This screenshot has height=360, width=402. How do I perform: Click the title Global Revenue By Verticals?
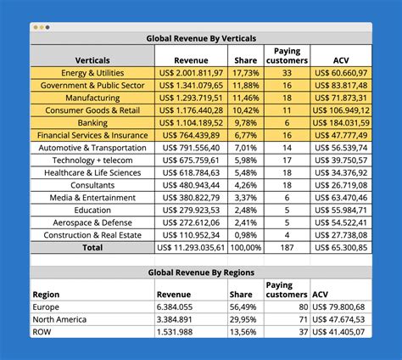coord(201,38)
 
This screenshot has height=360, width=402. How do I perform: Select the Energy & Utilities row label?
coord(92,74)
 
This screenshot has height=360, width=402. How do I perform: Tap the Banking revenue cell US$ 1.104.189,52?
coord(191,123)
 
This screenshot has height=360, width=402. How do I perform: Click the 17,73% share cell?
coord(246,74)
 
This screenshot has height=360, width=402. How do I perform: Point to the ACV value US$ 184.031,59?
coord(341,123)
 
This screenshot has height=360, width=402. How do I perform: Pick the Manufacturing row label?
coord(92,98)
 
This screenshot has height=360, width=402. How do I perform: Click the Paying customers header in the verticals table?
coord(288,56)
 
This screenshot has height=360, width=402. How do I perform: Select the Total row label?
coord(92,247)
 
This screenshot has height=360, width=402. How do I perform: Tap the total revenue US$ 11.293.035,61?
coord(191,247)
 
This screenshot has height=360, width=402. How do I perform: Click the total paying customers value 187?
coord(288,247)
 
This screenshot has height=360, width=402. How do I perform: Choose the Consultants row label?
coord(92,185)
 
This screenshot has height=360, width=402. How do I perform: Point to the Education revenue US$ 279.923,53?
coord(191,210)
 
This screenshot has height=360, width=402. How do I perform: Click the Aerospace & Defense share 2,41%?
coord(246,222)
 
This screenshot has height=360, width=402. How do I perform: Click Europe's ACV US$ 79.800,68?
coord(340,307)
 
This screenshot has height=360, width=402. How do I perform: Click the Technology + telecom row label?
coord(92,160)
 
